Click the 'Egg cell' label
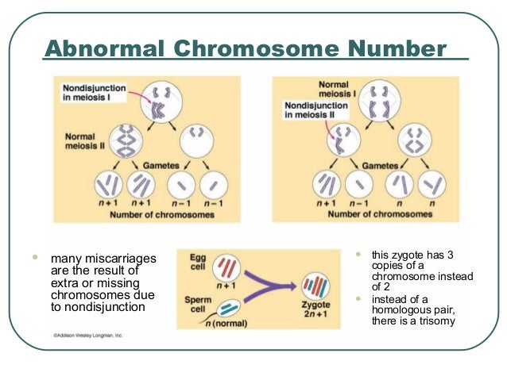pos(197,263)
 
